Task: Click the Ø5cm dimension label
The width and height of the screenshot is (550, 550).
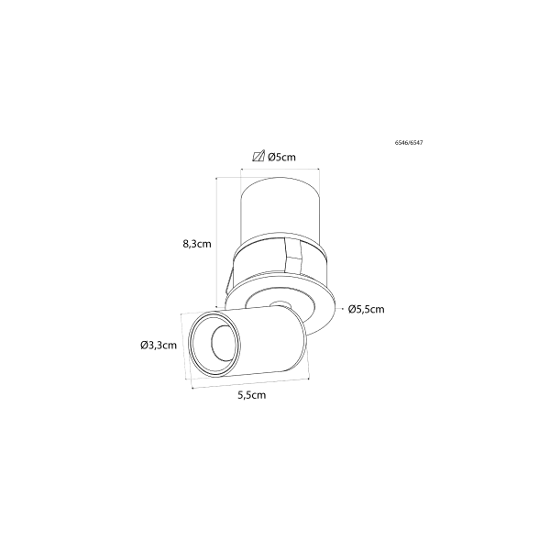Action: click(281, 157)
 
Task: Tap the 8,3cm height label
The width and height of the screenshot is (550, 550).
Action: click(197, 244)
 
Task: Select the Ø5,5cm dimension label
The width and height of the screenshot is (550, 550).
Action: click(366, 309)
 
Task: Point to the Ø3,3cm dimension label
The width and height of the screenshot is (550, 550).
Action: click(159, 346)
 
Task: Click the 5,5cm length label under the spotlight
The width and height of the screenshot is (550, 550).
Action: click(252, 395)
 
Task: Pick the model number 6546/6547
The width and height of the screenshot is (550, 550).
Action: click(409, 143)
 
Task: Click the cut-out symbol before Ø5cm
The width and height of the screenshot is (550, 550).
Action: click(258, 157)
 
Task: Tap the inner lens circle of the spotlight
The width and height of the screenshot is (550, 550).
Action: click(223, 343)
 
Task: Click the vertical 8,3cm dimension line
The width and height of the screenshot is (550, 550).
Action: click(216, 242)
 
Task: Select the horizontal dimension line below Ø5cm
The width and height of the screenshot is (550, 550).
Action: click(280, 170)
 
